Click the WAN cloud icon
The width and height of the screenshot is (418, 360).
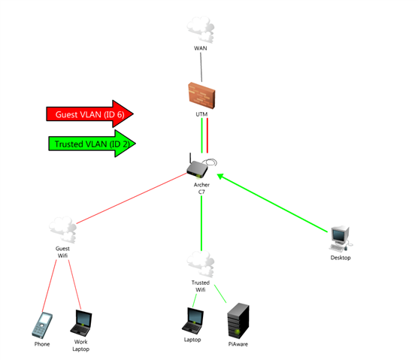201,29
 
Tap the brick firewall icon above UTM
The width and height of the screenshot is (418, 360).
201,95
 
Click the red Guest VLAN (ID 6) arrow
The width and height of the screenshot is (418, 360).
89,114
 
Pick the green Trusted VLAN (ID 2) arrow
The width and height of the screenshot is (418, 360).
92,144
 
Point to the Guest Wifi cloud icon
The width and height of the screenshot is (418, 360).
63,230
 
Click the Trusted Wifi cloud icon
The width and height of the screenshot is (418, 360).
201,264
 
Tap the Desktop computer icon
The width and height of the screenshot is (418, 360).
341,239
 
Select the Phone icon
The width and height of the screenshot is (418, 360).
42,325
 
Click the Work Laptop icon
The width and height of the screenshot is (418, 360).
81,323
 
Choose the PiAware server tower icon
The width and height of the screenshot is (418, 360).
238,321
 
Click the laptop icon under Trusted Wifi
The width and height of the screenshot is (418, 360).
192,321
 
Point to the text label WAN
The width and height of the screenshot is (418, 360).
201,48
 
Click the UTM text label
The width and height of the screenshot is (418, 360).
201,114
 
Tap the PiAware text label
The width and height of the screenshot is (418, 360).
238,344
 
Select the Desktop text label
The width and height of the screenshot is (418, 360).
341,258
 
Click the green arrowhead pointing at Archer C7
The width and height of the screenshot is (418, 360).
221,177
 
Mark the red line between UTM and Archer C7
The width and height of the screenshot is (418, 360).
207,135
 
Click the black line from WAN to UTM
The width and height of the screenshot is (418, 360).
201,67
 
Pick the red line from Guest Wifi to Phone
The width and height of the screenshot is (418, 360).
50,286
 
